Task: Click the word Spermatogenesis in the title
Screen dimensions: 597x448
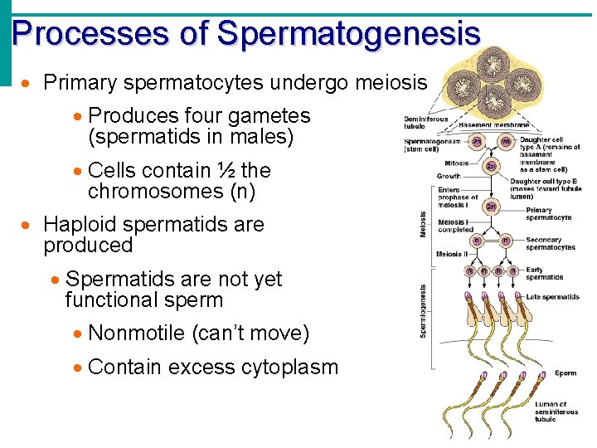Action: pyautogui.click(x=348, y=34)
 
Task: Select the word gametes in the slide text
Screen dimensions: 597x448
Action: pyautogui.click(x=269, y=116)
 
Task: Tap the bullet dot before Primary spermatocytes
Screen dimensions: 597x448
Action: pyautogui.click(x=28, y=84)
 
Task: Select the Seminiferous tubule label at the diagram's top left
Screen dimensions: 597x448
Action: pyautogui.click(x=425, y=123)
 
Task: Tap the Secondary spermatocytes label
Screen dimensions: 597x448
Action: pyautogui.click(x=550, y=244)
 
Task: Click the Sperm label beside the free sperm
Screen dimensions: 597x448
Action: pyautogui.click(x=565, y=373)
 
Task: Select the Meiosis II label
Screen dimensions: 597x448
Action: pyautogui.click(x=452, y=254)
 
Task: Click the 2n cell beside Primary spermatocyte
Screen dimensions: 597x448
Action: pyautogui.click(x=492, y=206)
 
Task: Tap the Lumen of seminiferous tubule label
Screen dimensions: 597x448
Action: pyautogui.click(x=556, y=411)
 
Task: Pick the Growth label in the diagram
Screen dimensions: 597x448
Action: pyautogui.click(x=449, y=177)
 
